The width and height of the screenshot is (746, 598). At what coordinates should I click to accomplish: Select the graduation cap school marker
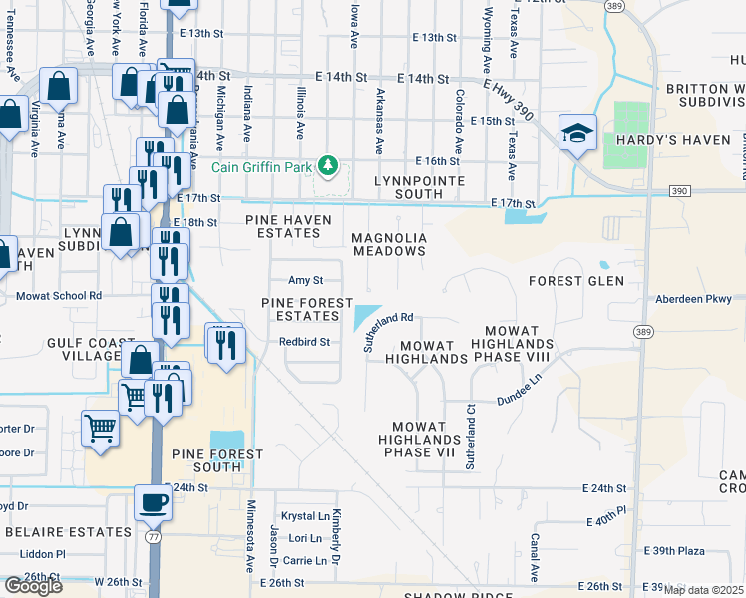577,133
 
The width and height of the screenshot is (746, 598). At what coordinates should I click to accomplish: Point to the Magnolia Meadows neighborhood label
389,245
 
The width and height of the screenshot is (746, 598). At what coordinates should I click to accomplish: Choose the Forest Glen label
576,281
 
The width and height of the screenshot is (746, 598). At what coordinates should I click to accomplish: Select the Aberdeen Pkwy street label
693,298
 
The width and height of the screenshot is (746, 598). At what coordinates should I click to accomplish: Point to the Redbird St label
304,341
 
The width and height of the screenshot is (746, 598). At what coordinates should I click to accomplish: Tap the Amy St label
306,281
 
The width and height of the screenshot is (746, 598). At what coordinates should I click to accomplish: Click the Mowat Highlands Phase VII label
419,439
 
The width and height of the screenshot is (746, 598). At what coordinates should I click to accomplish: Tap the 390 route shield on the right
679,190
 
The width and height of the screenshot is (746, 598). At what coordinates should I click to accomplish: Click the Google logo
33,586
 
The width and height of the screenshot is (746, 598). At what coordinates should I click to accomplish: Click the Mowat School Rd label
59,296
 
